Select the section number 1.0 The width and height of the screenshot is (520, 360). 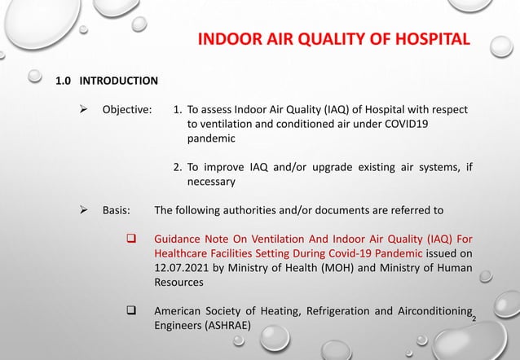coord(64,81)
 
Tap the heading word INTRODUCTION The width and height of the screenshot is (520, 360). coord(118,81)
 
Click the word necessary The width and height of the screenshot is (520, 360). coord(211,182)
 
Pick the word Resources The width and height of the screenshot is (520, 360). coord(180,283)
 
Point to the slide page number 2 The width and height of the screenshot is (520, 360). coord(475,318)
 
